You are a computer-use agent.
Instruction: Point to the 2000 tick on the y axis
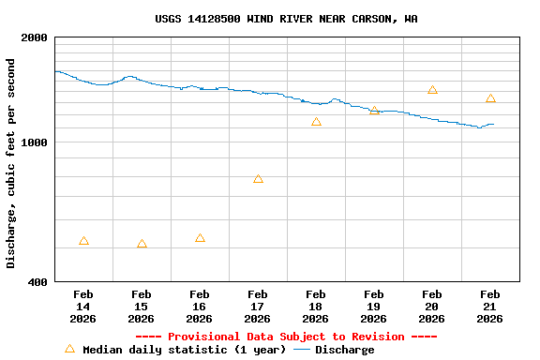coord(35,37)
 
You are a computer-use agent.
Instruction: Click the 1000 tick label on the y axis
coord(35,142)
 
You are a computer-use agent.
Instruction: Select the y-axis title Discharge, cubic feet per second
coord(11,163)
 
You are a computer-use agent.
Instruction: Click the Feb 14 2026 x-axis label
coord(83,307)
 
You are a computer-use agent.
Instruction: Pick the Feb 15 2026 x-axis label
coord(142,307)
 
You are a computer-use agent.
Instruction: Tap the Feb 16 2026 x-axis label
coord(200,307)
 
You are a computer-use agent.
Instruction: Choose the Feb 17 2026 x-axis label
coord(258,307)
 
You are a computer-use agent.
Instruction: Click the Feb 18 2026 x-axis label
coord(316,307)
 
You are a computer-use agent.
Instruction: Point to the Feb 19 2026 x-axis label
coord(374,307)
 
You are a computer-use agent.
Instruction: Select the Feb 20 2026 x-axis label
coord(432,307)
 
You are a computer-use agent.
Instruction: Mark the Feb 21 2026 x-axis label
coord(490,307)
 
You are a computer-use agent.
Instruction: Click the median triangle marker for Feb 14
coord(83,241)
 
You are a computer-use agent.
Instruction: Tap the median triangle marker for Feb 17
coord(258,178)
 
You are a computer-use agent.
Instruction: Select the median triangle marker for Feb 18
coord(316,122)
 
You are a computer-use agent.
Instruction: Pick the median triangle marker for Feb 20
coord(432,90)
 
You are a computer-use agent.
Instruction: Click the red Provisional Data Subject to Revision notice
coord(286,337)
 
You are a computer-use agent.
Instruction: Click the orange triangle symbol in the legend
coord(69,349)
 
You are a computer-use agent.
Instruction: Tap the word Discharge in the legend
coord(344,350)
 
